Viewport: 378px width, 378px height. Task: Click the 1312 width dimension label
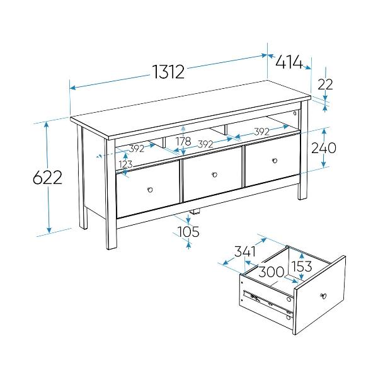pos(168,72)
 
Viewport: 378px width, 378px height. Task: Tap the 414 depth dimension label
pos(289,62)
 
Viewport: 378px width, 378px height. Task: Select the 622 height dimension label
pos(47,178)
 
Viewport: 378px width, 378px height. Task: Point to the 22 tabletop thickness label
pos(325,84)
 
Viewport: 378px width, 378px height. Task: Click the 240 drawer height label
pos(324,147)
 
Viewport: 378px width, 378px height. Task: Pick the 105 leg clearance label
pos(188,231)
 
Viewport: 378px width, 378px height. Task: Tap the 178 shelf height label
pos(183,141)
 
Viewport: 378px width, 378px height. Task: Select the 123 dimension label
pos(125,164)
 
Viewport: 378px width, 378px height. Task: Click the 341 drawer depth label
pos(245,251)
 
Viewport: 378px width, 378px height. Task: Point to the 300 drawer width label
pos(272,272)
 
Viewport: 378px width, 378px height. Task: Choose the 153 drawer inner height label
pos(302,266)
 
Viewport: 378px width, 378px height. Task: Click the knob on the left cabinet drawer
pos(150,190)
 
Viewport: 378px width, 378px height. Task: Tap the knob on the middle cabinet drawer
pos(214,175)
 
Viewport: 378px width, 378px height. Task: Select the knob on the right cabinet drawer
pos(274,161)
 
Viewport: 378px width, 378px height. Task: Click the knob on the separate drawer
pos(323,295)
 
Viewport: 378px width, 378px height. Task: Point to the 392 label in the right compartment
pos(262,132)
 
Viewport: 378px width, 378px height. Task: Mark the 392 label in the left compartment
pos(137,149)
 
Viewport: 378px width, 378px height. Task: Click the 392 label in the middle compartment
pos(205,144)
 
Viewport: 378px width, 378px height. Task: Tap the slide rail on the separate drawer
pos(268,302)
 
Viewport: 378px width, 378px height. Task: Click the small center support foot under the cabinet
pos(195,211)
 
